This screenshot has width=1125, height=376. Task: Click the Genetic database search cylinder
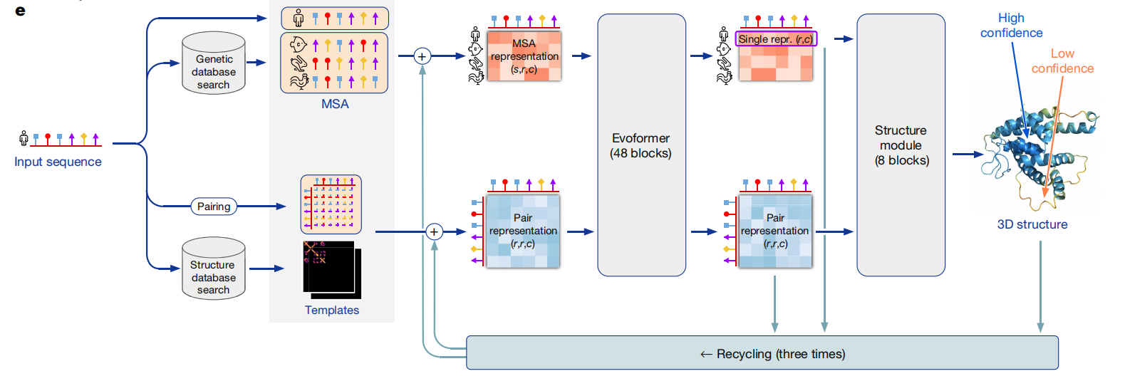214,64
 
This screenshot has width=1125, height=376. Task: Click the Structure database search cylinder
214,269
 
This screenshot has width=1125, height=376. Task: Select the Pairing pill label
214,207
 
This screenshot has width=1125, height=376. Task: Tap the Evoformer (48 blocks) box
641,145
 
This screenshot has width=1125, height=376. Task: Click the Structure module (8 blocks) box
901,145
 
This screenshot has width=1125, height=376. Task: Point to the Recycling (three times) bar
762,353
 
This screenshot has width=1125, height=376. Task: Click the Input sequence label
58,162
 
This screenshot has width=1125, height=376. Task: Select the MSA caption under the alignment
335,104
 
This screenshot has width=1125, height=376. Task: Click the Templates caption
332,310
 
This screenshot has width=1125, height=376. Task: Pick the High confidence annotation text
1011,26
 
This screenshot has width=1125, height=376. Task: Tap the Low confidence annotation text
1062,61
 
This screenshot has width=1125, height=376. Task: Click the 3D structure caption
1032,224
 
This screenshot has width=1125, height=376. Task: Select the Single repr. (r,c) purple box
776,39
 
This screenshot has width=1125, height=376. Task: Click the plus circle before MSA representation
422,56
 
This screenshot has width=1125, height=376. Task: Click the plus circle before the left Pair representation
434,231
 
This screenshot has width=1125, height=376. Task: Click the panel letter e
20,11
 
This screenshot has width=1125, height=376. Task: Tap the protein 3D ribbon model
1037,153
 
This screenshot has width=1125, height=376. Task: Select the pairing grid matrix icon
331,204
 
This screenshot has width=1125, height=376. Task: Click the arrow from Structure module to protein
967,154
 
